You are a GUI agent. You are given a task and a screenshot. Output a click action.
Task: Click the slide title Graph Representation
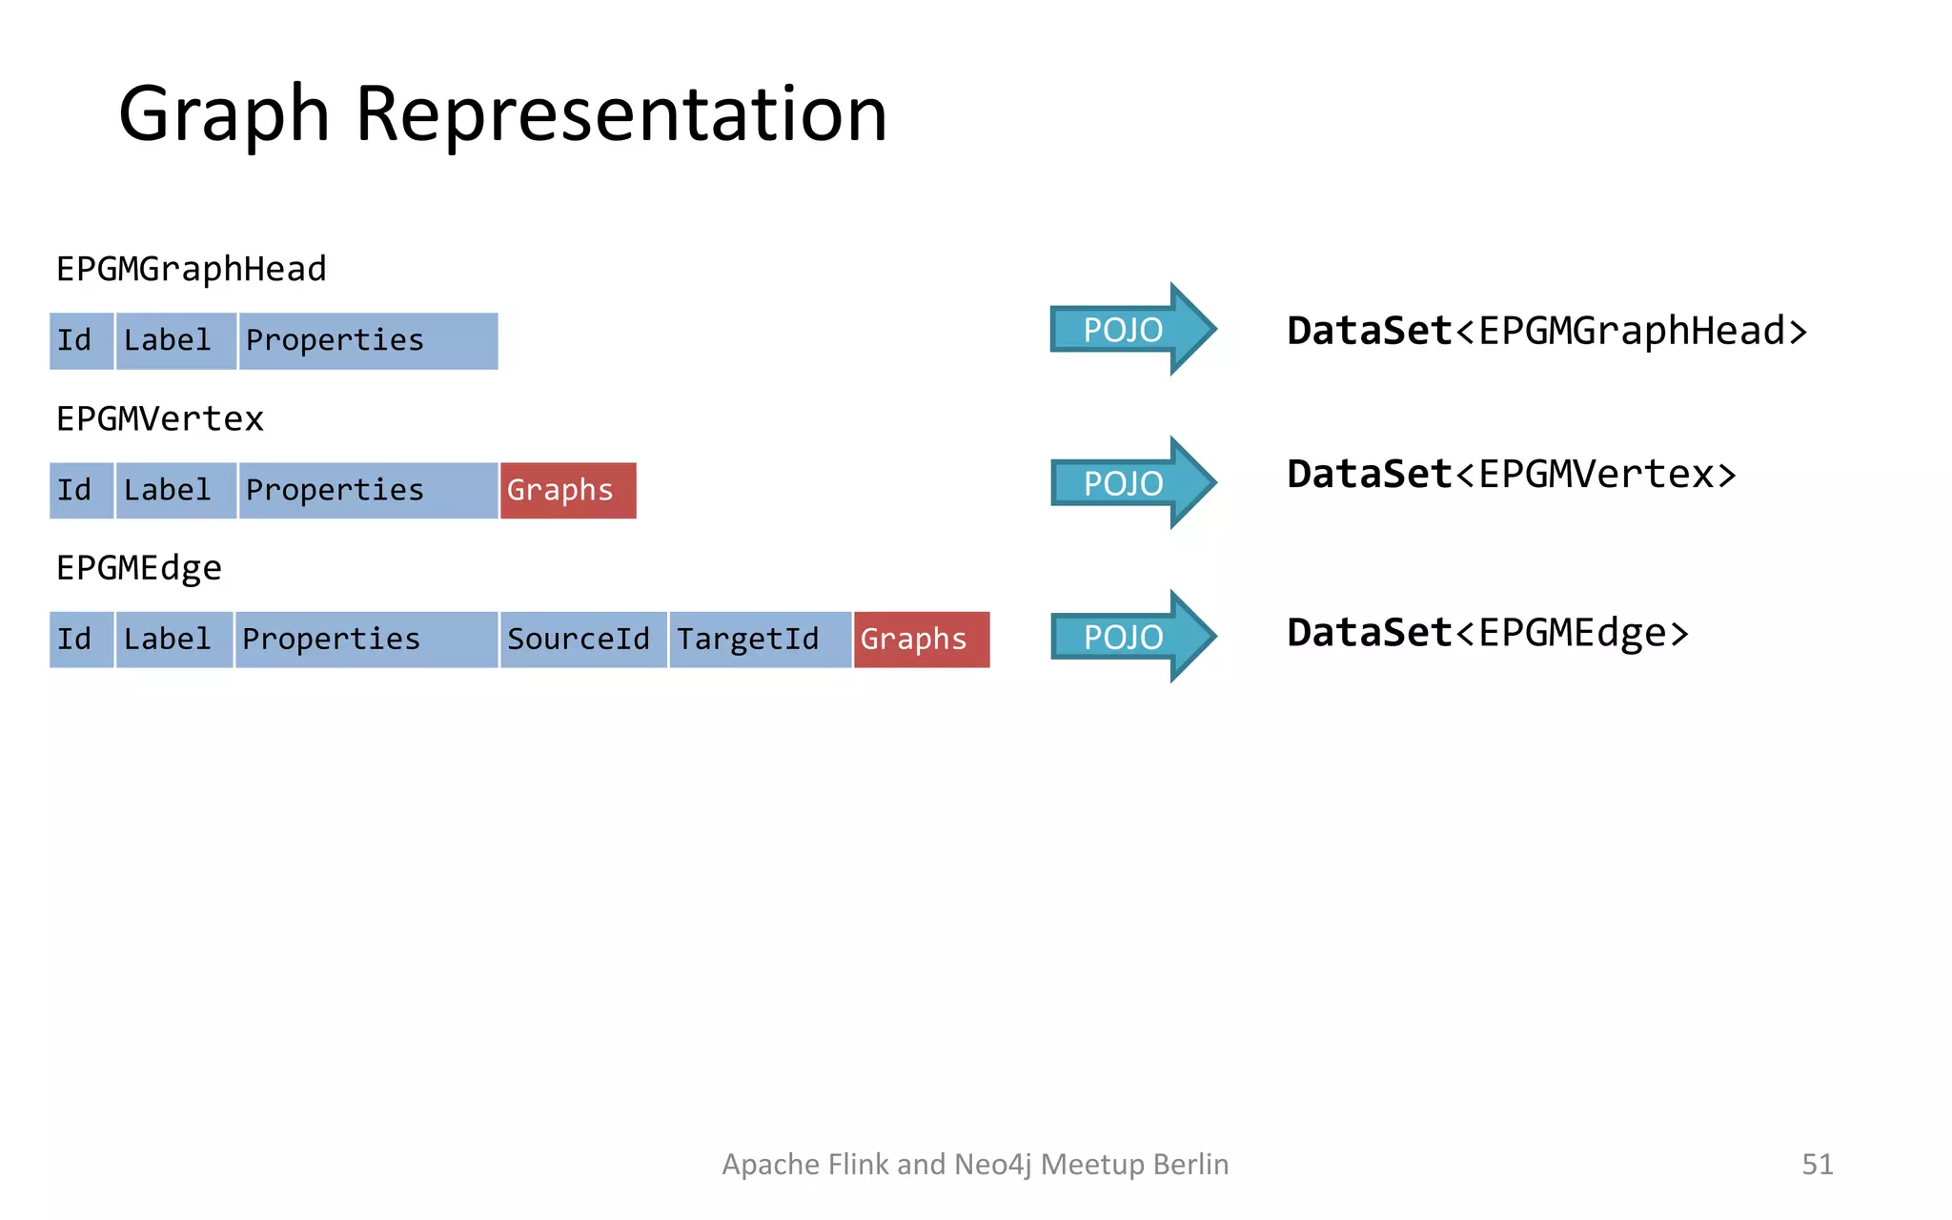pos(502,114)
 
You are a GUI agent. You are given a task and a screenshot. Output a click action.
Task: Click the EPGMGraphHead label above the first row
pos(191,270)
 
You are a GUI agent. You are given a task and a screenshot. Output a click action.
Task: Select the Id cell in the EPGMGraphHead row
pos(81,341)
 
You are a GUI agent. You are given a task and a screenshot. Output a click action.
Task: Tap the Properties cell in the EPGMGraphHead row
pos(367,341)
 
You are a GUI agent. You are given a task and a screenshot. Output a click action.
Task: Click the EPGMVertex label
pos(159,419)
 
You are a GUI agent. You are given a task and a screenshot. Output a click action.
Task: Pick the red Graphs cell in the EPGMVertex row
pos(567,491)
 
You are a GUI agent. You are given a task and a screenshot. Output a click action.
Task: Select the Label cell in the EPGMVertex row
pos(175,491)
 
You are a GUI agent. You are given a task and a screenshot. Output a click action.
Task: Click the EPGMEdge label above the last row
pos(138,569)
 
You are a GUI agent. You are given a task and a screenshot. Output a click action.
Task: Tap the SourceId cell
pos(582,640)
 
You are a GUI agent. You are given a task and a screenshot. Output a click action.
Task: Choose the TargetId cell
pos(759,640)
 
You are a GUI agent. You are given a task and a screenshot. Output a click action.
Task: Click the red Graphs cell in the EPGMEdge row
pos(921,640)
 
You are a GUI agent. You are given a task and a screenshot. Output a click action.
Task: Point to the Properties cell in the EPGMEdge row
pos(366,640)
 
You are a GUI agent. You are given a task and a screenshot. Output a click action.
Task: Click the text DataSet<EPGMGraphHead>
pos(1546,332)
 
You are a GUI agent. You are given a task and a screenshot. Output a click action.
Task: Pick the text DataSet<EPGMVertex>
pos(1511,475)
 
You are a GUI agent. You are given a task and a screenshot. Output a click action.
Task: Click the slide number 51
pos(1817,1164)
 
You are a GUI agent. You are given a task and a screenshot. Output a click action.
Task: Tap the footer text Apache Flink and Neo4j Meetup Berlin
pos(974,1164)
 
